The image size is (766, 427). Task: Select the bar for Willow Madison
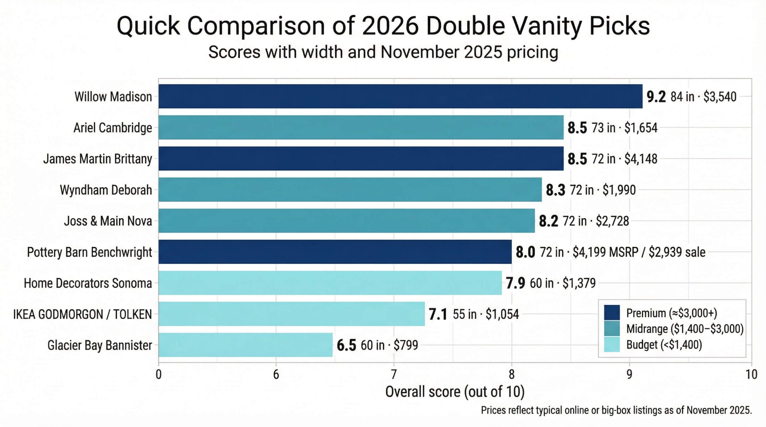click(x=400, y=96)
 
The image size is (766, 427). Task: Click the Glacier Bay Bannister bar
click(x=245, y=345)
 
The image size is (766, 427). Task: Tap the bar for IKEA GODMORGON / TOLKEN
click(x=291, y=314)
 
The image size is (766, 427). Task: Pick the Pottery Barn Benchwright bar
click(x=335, y=252)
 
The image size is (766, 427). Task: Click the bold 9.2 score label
click(x=656, y=97)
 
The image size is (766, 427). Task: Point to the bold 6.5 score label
click(x=346, y=345)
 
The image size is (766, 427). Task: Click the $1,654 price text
click(x=641, y=128)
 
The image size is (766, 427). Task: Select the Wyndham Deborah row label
click(x=106, y=190)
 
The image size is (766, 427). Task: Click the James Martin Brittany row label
click(x=98, y=159)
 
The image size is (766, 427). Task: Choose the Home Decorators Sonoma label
click(x=88, y=283)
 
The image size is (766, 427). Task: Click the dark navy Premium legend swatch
click(x=612, y=313)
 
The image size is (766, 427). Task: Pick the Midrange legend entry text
click(x=685, y=329)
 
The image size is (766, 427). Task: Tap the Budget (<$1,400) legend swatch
click(x=612, y=345)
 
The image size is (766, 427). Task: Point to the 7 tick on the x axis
click(x=393, y=374)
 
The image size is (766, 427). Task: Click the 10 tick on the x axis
click(x=751, y=374)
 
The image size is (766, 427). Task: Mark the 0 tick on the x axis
click(x=159, y=374)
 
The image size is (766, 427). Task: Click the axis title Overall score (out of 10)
click(x=455, y=391)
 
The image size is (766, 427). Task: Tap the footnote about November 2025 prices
click(x=616, y=410)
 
